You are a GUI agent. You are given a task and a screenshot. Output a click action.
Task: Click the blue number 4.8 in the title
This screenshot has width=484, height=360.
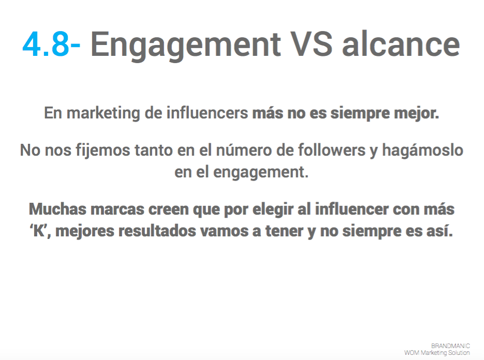tap(46, 44)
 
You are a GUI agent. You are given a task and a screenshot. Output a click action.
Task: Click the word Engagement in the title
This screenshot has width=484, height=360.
tap(186, 46)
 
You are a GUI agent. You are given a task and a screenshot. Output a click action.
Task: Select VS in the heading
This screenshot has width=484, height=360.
tap(312, 44)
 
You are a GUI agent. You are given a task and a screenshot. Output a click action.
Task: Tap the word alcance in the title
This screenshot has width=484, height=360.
tap(401, 44)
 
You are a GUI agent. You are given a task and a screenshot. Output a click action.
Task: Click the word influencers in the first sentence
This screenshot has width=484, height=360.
tap(208, 113)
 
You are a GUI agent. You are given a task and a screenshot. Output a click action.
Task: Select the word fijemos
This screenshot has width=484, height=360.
tap(103, 151)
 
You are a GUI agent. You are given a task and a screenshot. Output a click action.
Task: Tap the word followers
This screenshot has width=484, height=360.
tap(331, 150)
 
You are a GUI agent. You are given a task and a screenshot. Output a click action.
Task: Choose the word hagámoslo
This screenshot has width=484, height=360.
tap(423, 151)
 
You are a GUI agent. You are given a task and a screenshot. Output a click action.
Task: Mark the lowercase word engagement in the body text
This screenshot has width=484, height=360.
tap(260, 172)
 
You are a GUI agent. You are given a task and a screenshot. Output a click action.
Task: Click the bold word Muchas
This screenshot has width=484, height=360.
tap(58, 209)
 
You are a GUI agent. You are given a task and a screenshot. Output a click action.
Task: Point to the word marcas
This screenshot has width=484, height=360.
tap(118, 209)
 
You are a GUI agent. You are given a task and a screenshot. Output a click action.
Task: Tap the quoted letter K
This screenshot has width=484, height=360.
tap(38, 231)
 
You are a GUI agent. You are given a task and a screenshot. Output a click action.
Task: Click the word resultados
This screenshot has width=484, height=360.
tap(157, 231)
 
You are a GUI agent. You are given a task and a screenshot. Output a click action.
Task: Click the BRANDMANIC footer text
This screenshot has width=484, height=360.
tap(450, 346)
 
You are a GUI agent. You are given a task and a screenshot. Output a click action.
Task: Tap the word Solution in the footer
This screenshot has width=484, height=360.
tap(459, 353)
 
